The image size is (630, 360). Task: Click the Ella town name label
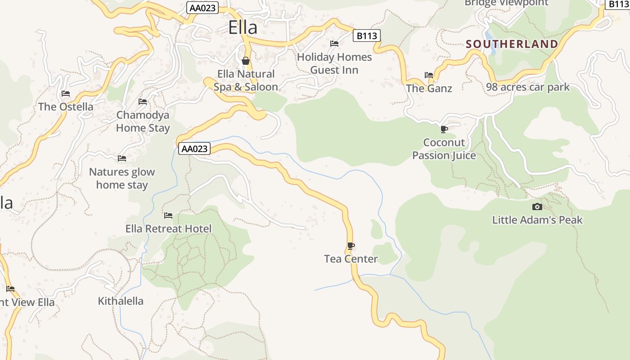point(243,27)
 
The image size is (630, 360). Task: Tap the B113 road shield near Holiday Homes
point(366,36)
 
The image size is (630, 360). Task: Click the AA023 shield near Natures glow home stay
point(194,148)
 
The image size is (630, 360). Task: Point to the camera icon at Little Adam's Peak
point(537,207)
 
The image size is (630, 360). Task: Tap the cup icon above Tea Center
point(351,246)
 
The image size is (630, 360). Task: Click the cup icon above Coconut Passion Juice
point(444,130)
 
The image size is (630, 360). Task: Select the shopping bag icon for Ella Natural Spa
point(246,61)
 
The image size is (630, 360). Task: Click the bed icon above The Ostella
point(66,94)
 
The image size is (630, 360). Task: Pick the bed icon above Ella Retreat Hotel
point(168,216)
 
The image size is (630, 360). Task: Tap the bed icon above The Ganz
point(429,75)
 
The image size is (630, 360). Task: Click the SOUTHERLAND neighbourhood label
point(512,44)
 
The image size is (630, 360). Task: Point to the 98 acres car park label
point(527,87)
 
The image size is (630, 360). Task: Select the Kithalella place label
point(121,301)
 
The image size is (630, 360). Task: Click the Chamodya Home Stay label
point(143,121)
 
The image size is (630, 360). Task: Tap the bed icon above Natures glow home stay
point(122,158)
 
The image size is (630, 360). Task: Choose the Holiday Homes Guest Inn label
point(334,63)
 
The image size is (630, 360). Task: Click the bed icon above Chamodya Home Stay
point(143,102)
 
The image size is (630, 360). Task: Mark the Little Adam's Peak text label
point(537,220)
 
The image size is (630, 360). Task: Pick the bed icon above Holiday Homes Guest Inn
point(334,44)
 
